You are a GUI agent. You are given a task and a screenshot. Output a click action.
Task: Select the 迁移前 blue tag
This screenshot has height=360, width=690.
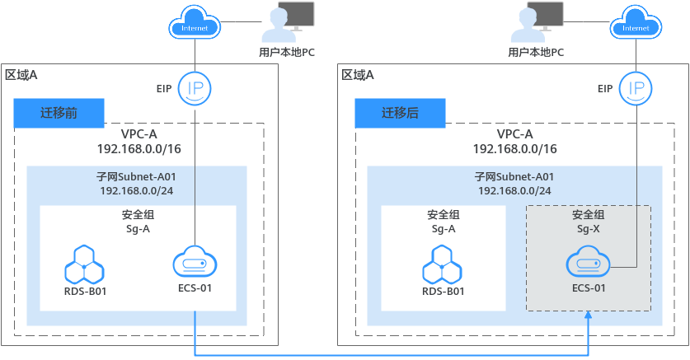click(59, 113)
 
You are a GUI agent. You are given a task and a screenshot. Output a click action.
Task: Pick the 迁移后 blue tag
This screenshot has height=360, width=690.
click(400, 113)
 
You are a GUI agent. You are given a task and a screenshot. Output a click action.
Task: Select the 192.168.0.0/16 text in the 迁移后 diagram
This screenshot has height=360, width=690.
click(514, 149)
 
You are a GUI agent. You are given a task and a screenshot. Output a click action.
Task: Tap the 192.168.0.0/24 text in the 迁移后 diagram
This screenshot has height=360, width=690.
click(514, 189)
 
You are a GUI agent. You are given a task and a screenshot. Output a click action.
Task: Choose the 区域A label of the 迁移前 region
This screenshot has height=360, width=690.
click(21, 75)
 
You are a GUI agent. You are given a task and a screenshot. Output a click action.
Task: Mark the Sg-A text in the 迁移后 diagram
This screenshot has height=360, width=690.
click(444, 228)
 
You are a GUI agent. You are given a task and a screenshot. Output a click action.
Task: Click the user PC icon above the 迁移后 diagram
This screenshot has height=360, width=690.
click(536, 22)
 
